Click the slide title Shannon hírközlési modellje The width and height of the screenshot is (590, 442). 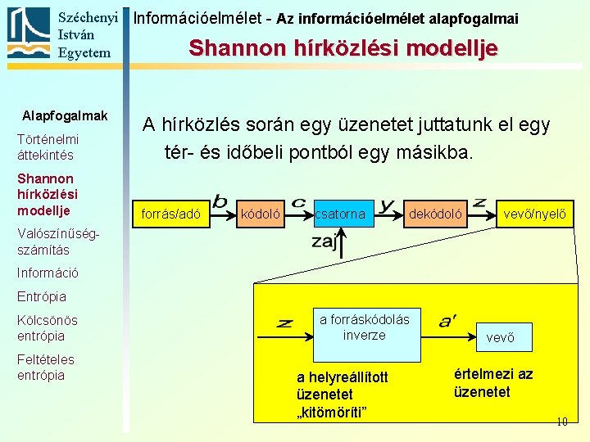(343, 47)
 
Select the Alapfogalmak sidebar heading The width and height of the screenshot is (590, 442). (65, 115)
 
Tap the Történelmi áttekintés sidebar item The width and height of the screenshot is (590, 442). (48, 147)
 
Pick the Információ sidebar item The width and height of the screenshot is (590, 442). (48, 273)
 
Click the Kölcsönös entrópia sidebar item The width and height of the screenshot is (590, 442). (47, 327)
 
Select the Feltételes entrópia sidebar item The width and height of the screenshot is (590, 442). (45, 367)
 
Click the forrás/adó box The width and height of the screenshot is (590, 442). (171, 214)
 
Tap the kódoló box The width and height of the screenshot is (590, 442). (260, 214)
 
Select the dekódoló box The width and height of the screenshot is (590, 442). (435, 214)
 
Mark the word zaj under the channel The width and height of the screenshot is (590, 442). (324, 241)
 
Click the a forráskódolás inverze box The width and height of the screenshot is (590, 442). (364, 327)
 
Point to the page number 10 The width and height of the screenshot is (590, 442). (561, 422)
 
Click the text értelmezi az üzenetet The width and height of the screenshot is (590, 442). (492, 383)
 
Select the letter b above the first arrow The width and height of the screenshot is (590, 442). (220, 201)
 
